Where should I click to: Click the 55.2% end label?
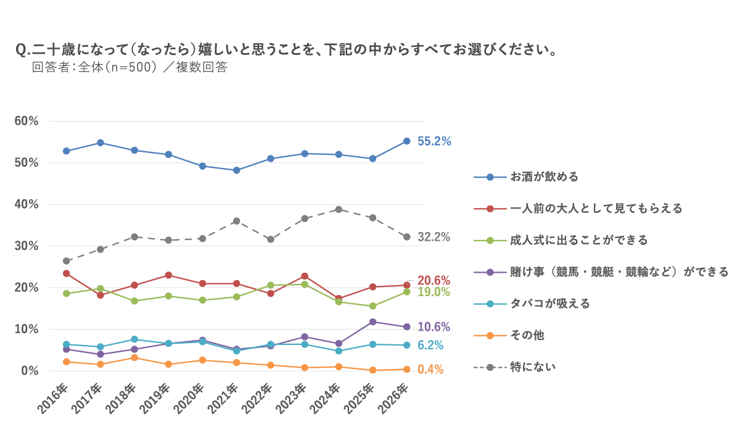[434, 141]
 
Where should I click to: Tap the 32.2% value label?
[434, 237]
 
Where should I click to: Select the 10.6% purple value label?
[434, 327]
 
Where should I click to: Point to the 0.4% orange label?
[430, 370]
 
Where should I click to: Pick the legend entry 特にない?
[533, 367]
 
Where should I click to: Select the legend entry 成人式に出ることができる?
[578, 241]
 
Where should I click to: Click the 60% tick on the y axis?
[27, 121]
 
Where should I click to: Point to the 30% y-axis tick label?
[27, 246]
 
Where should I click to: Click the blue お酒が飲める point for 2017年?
[101, 143]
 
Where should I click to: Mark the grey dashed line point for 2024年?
[339, 209]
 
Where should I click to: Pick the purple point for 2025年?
[372, 322]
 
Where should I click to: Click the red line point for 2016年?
[67, 273]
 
